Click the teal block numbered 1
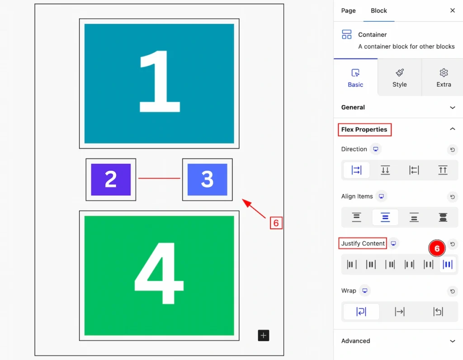pos(159,84)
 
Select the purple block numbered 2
pos(111,179)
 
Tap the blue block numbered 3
pos(207,179)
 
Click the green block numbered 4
pos(159,275)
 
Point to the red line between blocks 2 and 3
pos(159,178)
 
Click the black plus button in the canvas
pos(264,336)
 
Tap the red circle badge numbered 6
pos(437,248)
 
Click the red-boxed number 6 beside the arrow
pos(276,223)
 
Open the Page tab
pos(349,11)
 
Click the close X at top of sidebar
pos(452,10)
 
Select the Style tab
pos(400,78)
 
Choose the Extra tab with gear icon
pos(444,78)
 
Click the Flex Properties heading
pos(364,129)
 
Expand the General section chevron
pos(452,108)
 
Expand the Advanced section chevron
pos(452,341)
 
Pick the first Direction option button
pos(356,170)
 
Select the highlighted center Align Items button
pos(385,218)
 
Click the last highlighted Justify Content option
pos(448,264)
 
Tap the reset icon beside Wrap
pos(452,291)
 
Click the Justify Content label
pos(363,243)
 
